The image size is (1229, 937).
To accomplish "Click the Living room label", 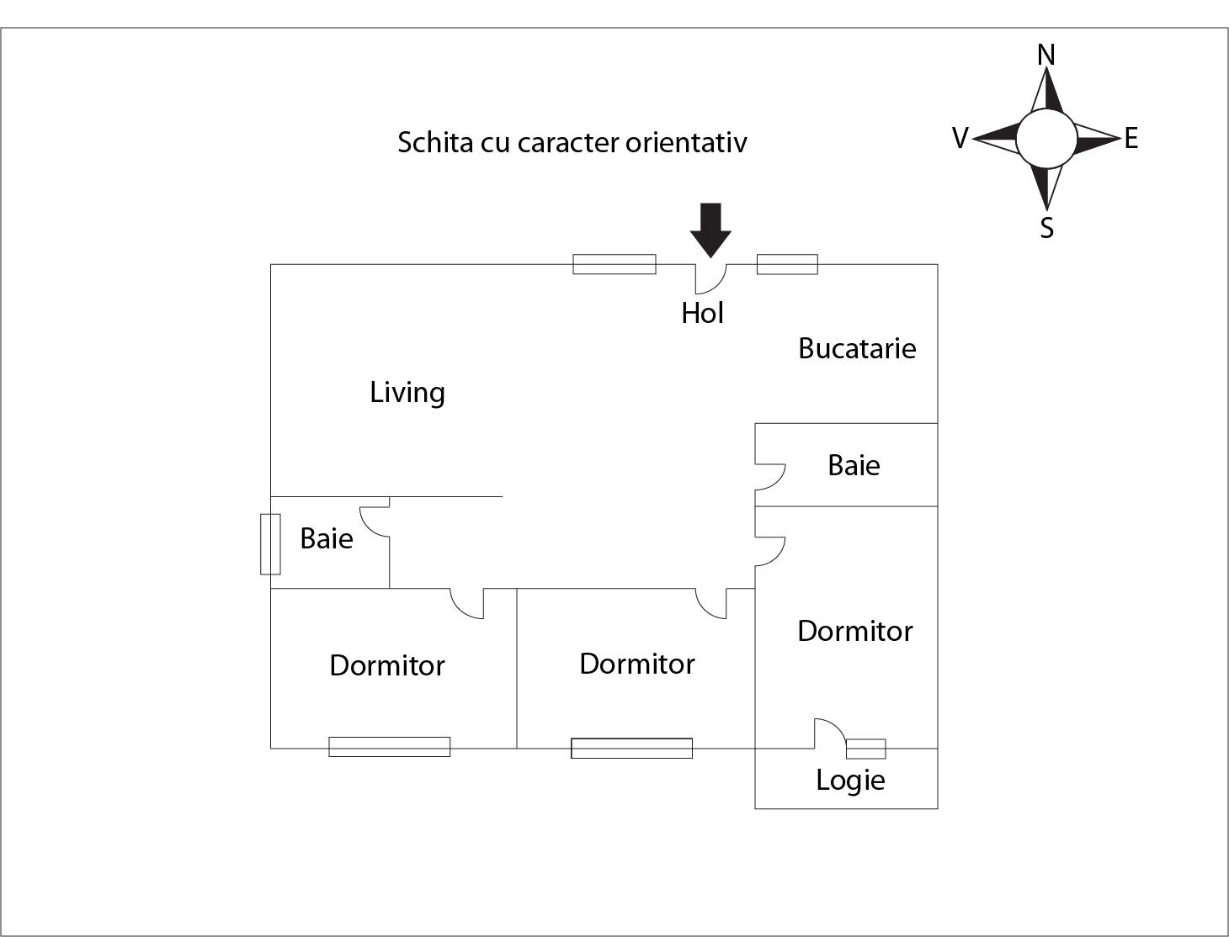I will [407, 393].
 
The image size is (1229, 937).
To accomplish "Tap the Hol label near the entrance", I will [702, 313].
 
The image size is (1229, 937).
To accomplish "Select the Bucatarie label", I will [857, 348].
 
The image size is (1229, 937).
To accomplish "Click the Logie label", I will [850, 780].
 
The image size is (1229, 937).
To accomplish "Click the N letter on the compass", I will [1046, 55].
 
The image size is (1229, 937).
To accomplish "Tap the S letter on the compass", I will [1046, 228].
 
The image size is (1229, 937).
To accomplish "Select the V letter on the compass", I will [960, 138].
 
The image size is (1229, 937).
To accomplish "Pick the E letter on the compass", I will [1131, 139].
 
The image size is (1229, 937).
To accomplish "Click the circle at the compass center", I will [1046, 139].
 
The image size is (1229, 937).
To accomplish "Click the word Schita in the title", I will [435, 142].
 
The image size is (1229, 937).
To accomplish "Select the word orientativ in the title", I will [686, 142].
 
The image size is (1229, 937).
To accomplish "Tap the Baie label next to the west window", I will [327, 538].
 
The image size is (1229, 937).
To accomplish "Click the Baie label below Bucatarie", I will [854, 465].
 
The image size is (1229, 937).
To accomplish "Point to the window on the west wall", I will [270, 544].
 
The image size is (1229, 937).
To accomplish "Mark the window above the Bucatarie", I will [787, 264].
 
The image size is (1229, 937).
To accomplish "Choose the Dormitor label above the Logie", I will [854, 631].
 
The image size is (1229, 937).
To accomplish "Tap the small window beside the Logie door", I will [866, 749].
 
